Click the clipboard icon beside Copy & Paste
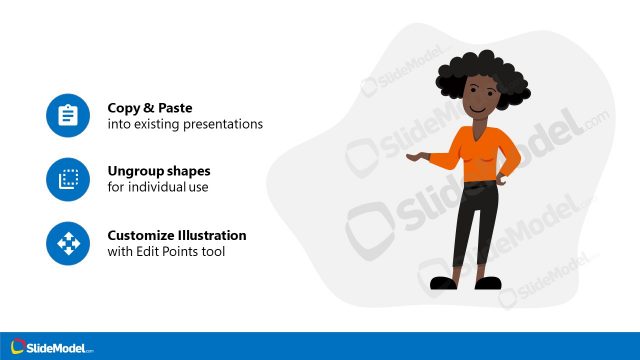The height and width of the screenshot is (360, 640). click(68, 116)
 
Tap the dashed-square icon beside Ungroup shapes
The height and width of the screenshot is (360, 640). click(68, 179)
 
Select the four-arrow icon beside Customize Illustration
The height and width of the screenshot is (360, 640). click(68, 242)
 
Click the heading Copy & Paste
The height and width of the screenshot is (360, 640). click(150, 108)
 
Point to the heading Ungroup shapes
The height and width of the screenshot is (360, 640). click(159, 171)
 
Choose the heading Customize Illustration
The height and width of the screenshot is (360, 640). click(177, 235)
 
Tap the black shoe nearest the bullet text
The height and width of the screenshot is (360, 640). click(443, 283)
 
